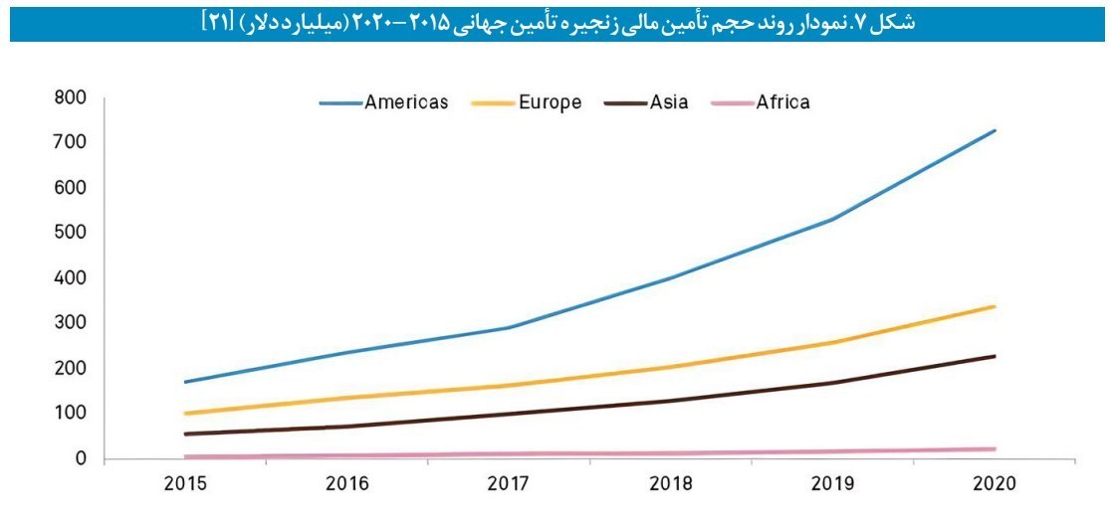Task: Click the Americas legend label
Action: pyautogui.click(x=406, y=102)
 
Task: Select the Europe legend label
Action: pyautogui.click(x=550, y=102)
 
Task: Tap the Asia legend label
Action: pyautogui.click(x=669, y=102)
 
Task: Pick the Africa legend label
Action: pyautogui.click(x=782, y=102)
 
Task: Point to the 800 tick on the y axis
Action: pyautogui.click(x=72, y=97)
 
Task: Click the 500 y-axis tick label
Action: pyautogui.click(x=72, y=233)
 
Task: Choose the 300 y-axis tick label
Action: pyautogui.click(x=72, y=323)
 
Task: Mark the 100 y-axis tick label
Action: pyautogui.click(x=72, y=414)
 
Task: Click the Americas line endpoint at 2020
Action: pyautogui.click(x=994, y=130)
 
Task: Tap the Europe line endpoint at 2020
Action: pyautogui.click(x=994, y=306)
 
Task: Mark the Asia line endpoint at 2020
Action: pyautogui.click(x=994, y=356)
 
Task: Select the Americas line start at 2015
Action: pyautogui.click(x=185, y=382)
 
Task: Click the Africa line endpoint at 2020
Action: pyautogui.click(x=994, y=449)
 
